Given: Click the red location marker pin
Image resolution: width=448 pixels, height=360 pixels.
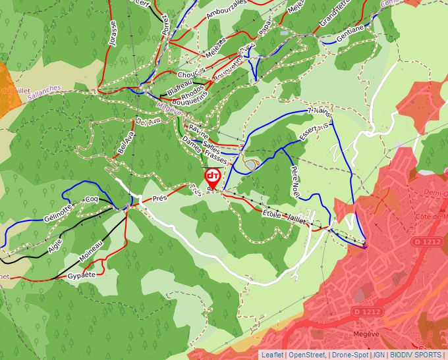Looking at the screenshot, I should coord(212,177).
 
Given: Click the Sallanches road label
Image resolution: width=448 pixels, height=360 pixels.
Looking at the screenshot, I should coord(44,92).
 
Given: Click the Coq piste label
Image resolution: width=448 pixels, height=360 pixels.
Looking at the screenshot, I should coord(92,199).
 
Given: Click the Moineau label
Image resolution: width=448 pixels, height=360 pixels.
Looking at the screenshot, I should coord(91,249).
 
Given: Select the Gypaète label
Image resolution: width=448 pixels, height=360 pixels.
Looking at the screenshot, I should coord(82,274).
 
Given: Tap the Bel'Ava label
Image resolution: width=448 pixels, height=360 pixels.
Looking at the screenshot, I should coord(125,141).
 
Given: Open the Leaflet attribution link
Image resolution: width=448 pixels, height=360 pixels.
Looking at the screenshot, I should coord(272,355).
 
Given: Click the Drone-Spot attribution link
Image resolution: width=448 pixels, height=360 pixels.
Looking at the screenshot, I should coord(350,355).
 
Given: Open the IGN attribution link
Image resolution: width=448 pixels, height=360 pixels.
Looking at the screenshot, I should coord(379,355).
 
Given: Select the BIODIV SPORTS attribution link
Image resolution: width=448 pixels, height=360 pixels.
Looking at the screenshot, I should coord(417,355).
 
